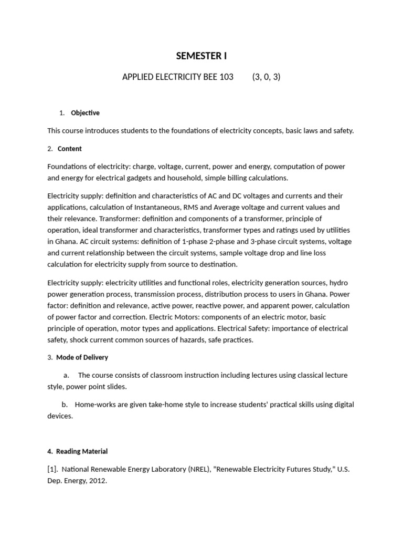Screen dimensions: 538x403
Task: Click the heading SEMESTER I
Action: pos(201,56)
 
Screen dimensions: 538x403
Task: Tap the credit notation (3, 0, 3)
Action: pos(266,77)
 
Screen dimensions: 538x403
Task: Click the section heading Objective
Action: pos(85,113)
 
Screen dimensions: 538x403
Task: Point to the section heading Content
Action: pos(70,149)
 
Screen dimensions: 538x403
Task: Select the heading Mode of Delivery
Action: pos(82,357)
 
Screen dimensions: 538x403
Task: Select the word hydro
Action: pos(338,283)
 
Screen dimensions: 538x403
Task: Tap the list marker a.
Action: pos(66,375)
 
